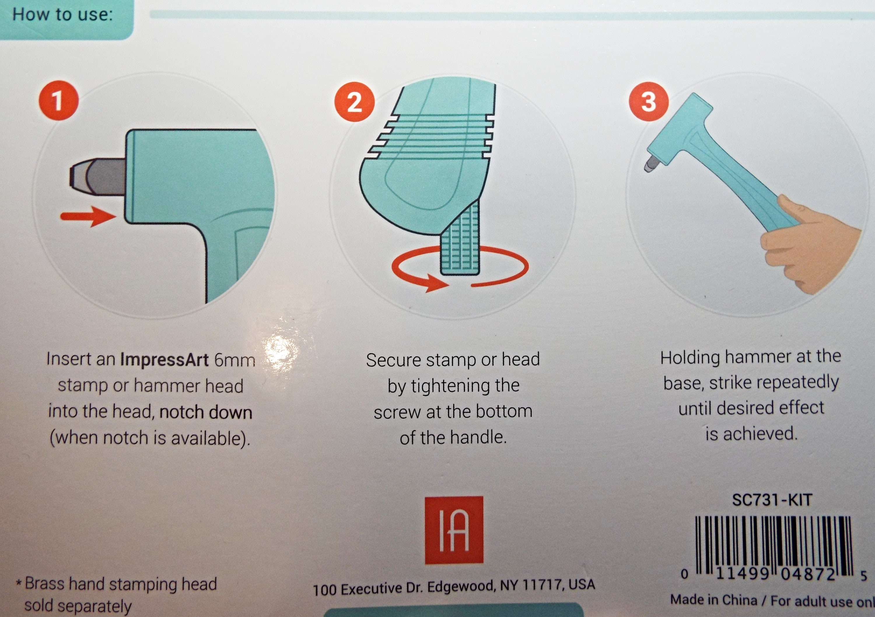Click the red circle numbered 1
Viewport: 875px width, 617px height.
pos(58,100)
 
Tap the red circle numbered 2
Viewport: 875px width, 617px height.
pos(354,102)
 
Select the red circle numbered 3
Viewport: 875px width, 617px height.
pos(649,101)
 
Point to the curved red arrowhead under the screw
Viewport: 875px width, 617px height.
pos(436,284)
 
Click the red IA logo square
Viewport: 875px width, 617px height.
pos(454,530)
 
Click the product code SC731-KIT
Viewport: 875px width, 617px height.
pos(772,500)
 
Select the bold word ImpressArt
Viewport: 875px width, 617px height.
pos(164,359)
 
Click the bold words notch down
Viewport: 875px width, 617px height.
pos(206,412)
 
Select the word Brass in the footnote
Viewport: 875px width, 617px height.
pos(45,584)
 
